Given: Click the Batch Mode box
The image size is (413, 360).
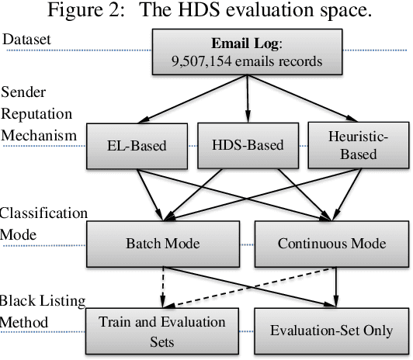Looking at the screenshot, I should click(162, 243).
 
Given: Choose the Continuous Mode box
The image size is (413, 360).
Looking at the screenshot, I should click(331, 243).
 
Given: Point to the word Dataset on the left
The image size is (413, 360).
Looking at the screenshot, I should click(26, 39).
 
